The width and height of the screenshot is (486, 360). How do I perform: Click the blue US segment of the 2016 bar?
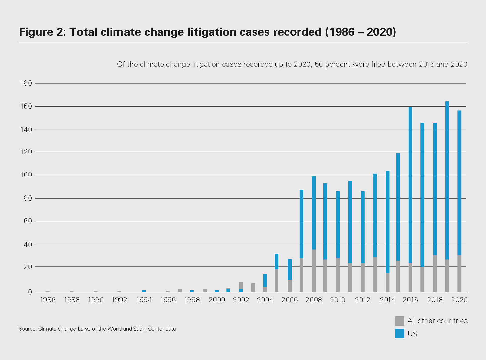click(410, 185)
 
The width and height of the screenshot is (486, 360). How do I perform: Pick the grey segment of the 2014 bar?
click(388, 283)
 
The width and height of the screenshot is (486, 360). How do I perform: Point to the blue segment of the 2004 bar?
click(265, 280)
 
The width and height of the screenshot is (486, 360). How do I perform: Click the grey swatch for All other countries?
click(399, 321)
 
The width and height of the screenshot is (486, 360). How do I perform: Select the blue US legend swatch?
click(399, 333)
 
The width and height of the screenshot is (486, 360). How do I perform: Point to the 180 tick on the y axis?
click(26, 83)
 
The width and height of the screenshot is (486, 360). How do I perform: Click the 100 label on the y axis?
click(26, 175)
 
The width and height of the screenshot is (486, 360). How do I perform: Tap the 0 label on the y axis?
click(30, 292)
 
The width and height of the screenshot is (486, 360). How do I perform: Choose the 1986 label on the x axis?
click(48, 300)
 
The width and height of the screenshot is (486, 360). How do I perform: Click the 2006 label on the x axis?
click(290, 300)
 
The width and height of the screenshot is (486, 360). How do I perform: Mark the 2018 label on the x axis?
click(435, 300)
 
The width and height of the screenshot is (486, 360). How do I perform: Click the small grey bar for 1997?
click(180, 290)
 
